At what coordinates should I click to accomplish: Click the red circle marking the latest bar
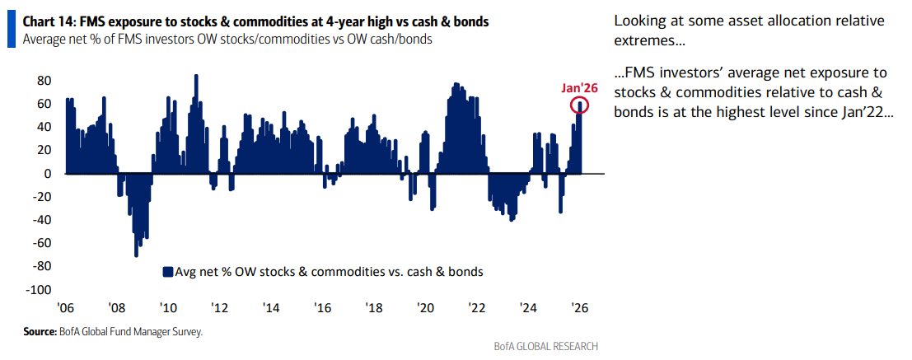point(579,105)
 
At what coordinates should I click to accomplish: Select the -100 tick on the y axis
point(40,290)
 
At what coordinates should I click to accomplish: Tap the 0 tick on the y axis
point(49,174)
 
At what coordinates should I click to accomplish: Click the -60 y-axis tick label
point(42,244)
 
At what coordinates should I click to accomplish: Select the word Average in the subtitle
point(46,38)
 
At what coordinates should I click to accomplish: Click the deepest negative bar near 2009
point(136,251)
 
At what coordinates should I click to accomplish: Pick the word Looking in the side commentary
point(639,21)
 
